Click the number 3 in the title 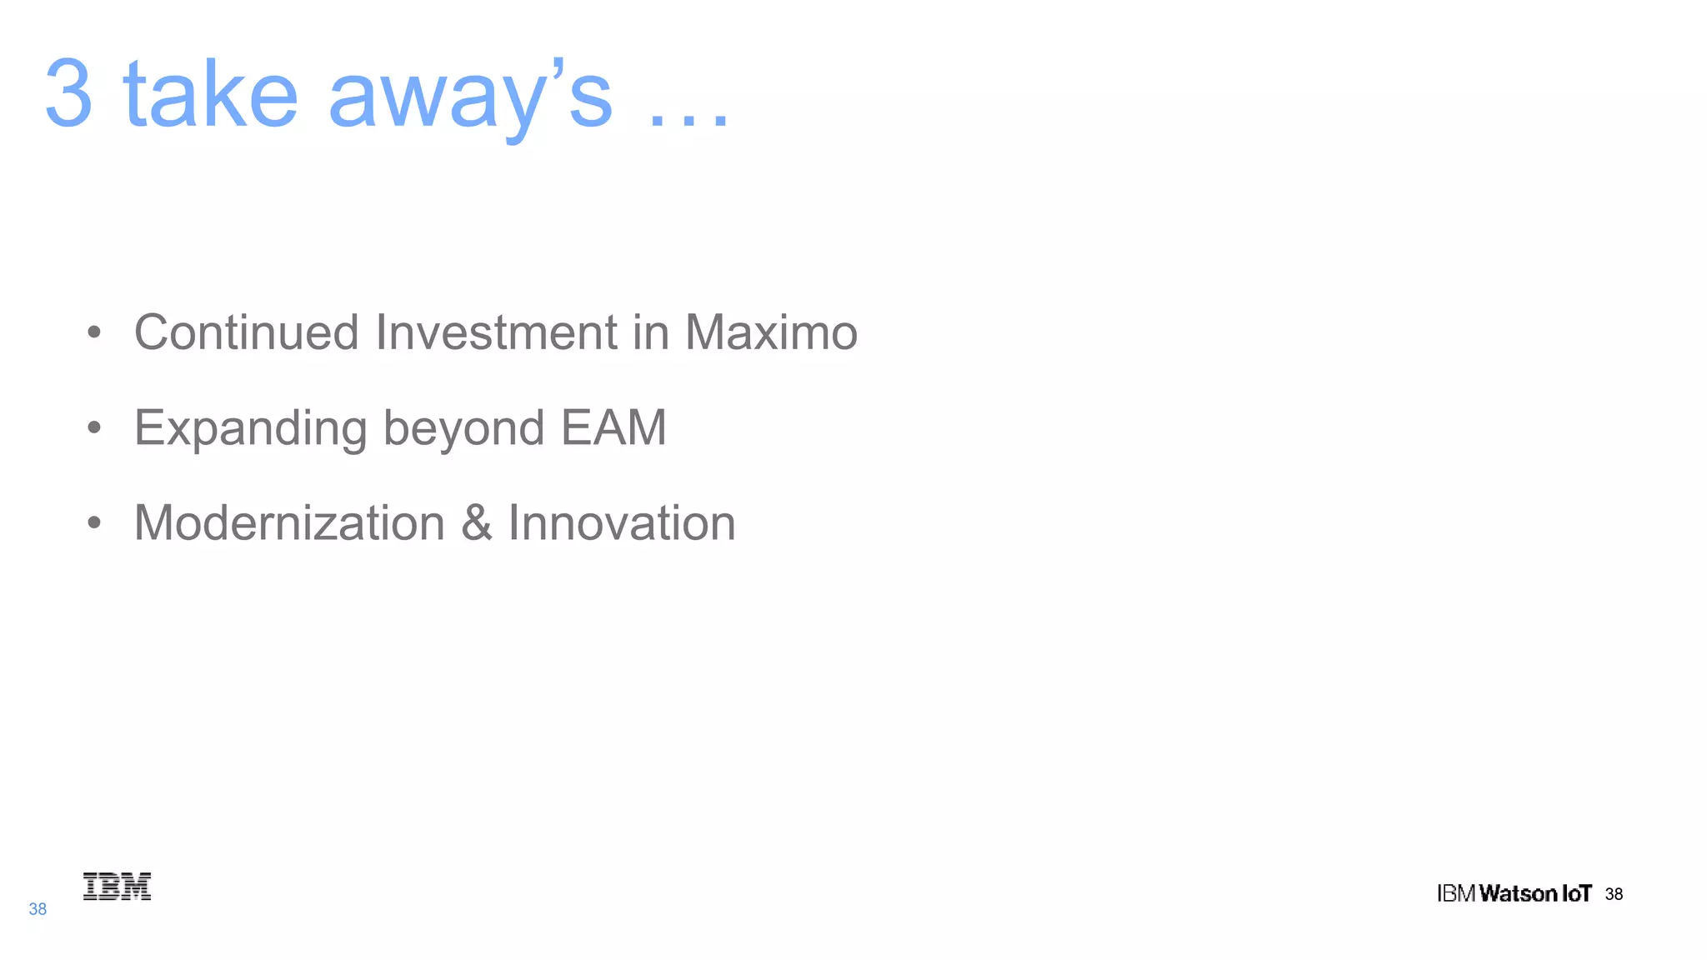(68, 93)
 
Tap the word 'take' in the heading (210, 95)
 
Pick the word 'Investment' (497, 332)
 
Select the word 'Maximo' (771, 332)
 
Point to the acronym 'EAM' (613, 427)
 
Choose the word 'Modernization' (289, 523)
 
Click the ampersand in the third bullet (476, 523)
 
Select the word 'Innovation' (622, 523)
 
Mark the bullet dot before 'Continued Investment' (94, 332)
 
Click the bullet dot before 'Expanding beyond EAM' (94, 427)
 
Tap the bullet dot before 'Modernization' (94, 523)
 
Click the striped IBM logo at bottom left (117, 887)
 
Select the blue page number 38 (38, 909)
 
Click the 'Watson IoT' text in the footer (1535, 894)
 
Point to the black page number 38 (1614, 894)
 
